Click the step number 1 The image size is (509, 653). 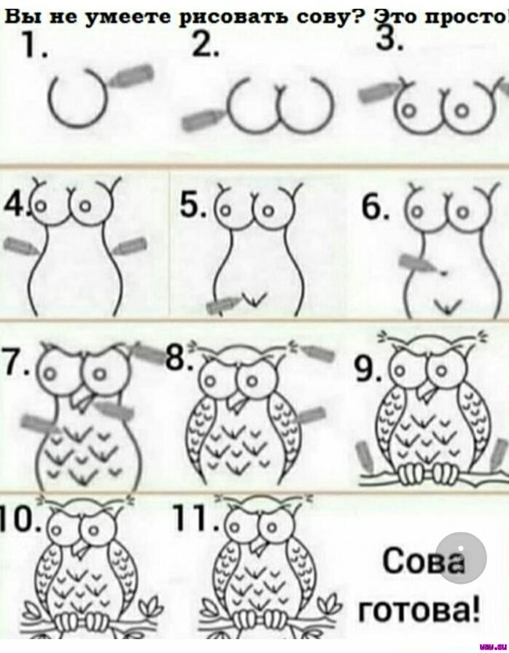(34, 45)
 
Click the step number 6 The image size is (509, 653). (376, 207)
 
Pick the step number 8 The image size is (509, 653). (179, 358)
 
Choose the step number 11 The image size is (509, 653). (195, 517)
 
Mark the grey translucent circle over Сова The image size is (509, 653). (462, 557)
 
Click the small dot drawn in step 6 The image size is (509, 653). (443, 273)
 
